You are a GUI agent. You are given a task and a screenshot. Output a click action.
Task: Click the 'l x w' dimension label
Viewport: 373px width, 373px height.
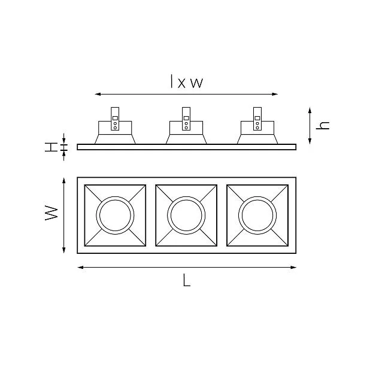tap(187, 81)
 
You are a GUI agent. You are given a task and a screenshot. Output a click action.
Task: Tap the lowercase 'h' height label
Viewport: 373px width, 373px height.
tap(323, 125)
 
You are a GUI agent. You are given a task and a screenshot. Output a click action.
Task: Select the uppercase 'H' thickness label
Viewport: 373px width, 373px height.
tap(51, 147)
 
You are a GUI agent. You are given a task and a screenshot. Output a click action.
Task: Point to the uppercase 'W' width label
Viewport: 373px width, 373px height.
tap(51, 213)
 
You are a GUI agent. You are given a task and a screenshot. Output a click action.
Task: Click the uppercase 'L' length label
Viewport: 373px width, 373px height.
tap(187, 280)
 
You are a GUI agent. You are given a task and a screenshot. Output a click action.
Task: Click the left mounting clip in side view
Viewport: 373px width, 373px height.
tap(115, 119)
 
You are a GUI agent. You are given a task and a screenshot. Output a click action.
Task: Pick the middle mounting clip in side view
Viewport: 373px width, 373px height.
tap(186, 119)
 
